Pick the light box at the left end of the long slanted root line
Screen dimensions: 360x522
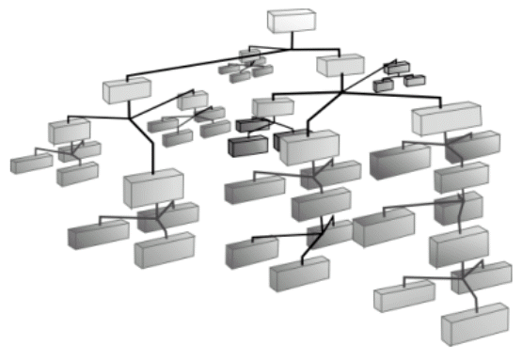pyautogui.click(x=126, y=90)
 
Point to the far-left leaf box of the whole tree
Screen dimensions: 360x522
pyautogui.click(x=31, y=164)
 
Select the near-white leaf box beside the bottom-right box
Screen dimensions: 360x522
pyautogui.click(x=403, y=297)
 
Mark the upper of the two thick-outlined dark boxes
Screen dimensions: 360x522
pyautogui.click(x=253, y=124)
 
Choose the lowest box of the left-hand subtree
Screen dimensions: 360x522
pyautogui.click(x=164, y=250)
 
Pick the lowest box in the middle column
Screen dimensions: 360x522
pyautogui.click(x=299, y=274)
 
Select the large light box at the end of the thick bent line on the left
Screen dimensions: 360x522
pyautogui.click(x=151, y=188)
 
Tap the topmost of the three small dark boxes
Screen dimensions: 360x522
pyautogui.click(x=397, y=67)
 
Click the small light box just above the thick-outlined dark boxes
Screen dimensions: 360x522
pyautogui.click(x=272, y=106)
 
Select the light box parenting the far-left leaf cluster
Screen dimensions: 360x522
pyautogui.click(x=70, y=131)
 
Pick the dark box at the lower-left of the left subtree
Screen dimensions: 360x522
pyautogui.click(x=98, y=233)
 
